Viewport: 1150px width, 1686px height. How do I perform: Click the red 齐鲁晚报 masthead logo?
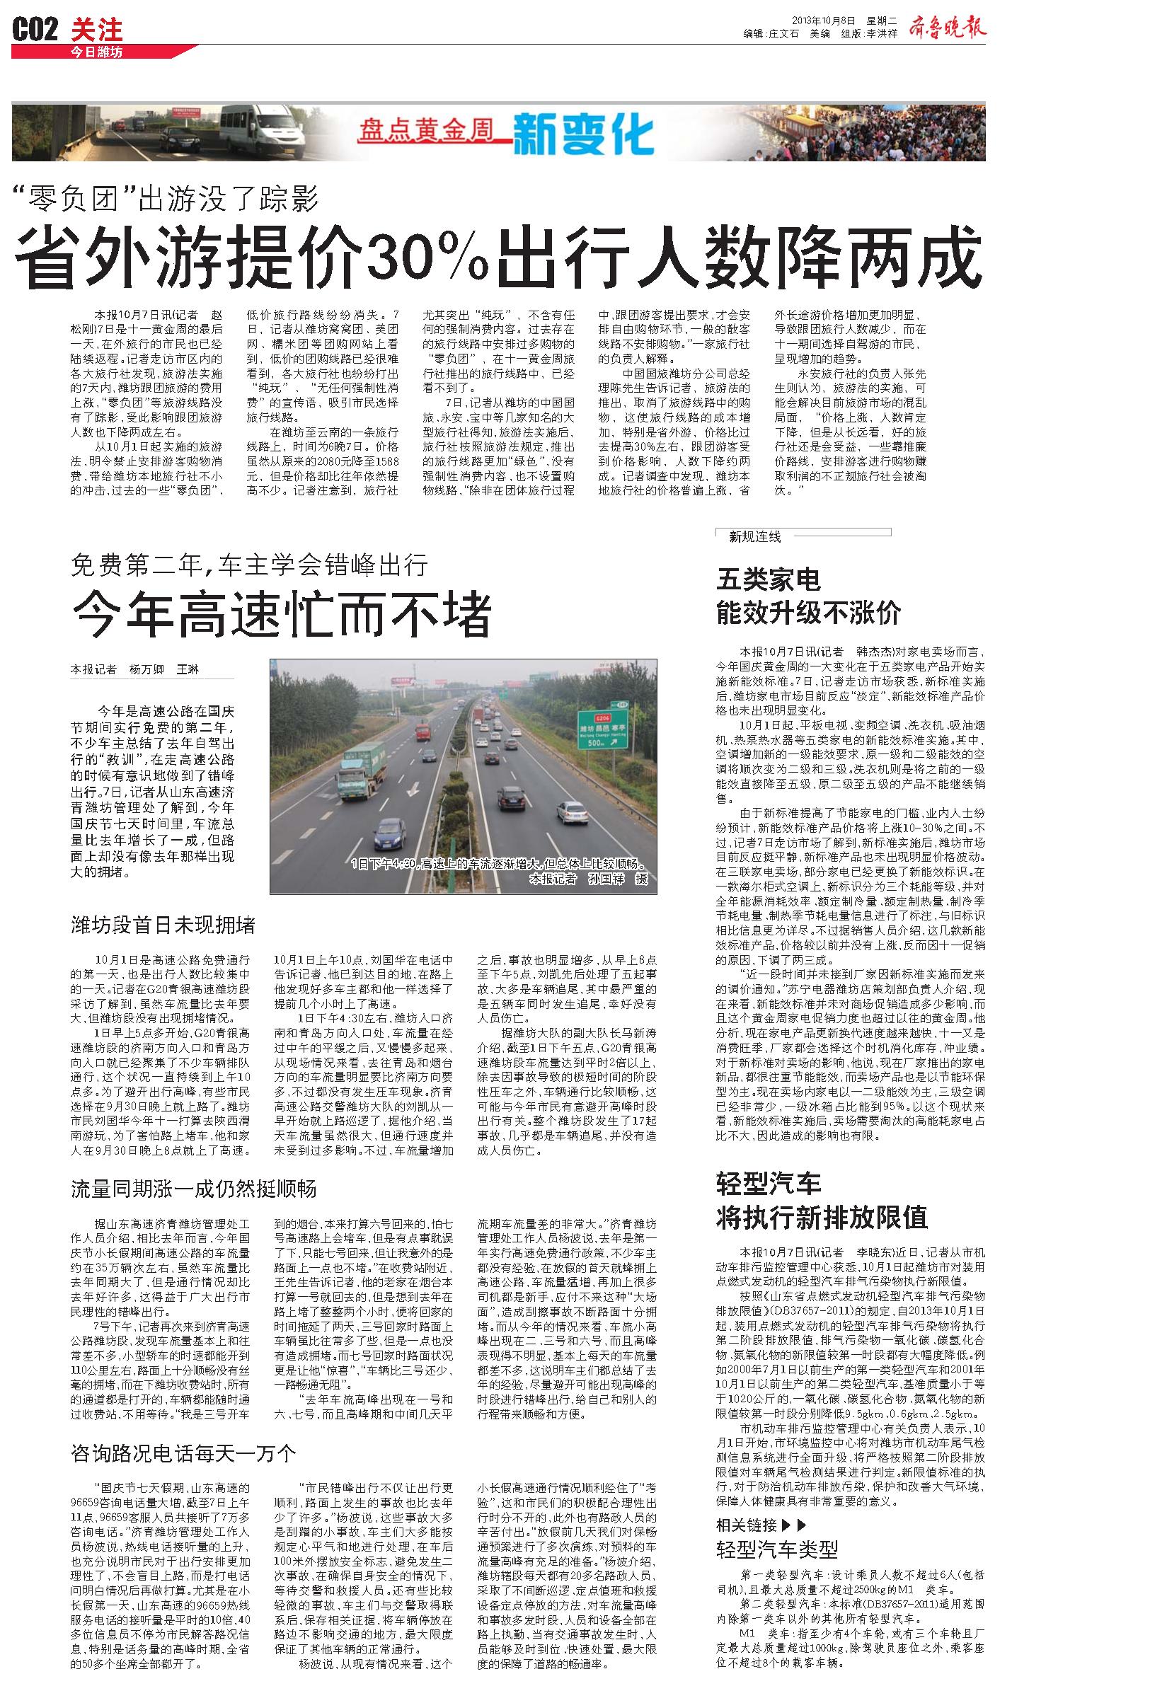pos(946,28)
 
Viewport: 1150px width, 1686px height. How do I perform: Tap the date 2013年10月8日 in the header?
pos(823,20)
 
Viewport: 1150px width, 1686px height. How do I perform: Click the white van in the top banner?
pos(260,125)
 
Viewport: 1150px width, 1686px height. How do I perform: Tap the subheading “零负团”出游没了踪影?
pos(168,197)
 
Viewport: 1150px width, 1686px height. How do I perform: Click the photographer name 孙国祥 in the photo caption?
pos(606,879)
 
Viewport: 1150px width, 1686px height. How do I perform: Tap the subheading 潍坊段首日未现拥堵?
pos(163,925)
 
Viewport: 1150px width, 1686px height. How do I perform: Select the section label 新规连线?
pos(754,537)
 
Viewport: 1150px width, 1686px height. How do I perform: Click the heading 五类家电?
pos(769,579)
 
